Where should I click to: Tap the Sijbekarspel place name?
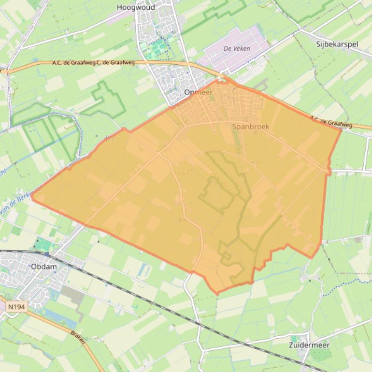[337, 44]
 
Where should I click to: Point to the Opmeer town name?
[198, 92]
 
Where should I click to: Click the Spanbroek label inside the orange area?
[250, 127]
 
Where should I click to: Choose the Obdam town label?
[43, 266]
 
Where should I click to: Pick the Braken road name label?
[78, 337]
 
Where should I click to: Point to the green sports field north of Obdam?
[44, 245]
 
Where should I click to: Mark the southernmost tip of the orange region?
[217, 293]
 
